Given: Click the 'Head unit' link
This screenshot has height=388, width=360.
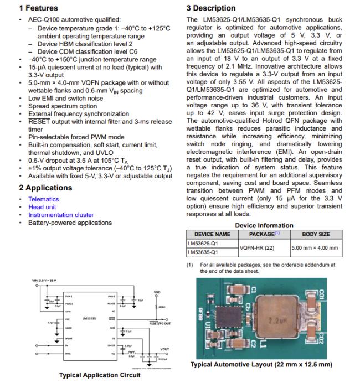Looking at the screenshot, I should coord(42,207).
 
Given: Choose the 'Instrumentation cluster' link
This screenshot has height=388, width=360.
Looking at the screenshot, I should coord(61,215).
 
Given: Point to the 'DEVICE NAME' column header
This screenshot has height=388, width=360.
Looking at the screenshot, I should coord(212,234).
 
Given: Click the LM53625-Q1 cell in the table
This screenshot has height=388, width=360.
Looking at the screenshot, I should coord(203,243).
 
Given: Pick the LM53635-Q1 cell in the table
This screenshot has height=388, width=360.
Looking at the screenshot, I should coord(203,252).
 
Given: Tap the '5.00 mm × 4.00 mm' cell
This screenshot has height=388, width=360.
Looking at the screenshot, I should coord(315,247).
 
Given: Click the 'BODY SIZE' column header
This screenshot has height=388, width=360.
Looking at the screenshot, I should coord(316,234).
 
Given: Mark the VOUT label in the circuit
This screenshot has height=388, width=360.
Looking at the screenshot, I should coord(165,349).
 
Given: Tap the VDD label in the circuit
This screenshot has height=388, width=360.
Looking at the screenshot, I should coord(157,293).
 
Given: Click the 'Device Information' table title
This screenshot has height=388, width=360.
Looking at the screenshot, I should coord(264,225).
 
